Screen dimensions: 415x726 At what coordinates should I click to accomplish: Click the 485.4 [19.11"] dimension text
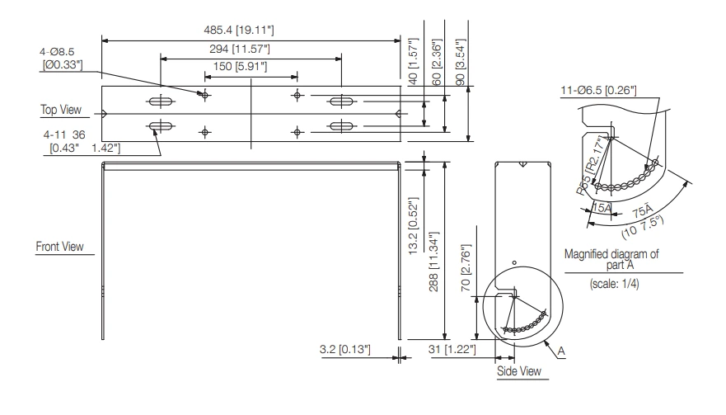click(239, 30)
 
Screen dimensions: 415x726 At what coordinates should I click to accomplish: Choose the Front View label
click(63, 246)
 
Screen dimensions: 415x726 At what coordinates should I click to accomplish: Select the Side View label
click(518, 371)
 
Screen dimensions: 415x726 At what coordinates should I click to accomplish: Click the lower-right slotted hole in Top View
click(340, 126)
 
